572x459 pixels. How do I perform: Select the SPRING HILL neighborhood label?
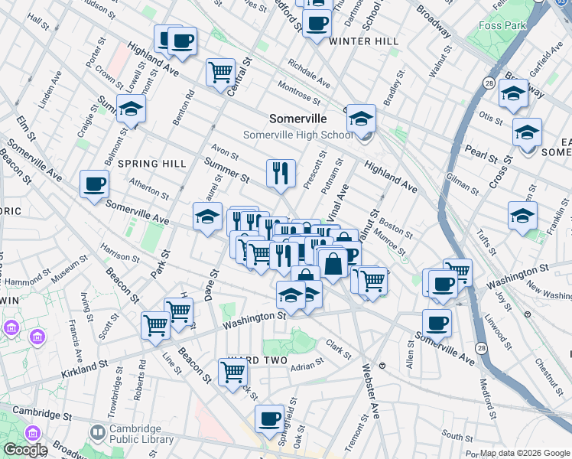[152, 164]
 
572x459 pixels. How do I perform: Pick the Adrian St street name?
[307, 366]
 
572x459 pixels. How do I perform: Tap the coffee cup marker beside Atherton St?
[94, 184]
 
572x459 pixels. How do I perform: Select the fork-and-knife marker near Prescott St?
[281, 173]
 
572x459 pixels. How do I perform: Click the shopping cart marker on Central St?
[220, 73]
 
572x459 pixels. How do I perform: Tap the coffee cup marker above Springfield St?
[269, 418]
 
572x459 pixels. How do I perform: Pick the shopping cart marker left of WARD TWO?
[232, 373]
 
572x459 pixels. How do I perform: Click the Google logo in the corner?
[24, 450]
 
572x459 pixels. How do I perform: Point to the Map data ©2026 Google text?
[524, 453]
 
